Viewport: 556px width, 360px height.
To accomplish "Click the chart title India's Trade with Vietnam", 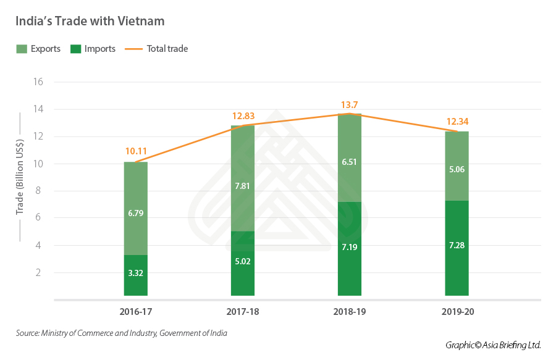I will [x=90, y=21].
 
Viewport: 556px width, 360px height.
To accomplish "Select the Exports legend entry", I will [x=38, y=49].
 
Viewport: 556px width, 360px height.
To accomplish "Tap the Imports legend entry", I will [x=93, y=49].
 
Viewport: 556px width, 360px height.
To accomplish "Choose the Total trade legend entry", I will [x=157, y=49].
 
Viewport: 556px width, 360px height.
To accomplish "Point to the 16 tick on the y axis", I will [x=38, y=82].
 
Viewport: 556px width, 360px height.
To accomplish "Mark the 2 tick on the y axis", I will [x=40, y=272].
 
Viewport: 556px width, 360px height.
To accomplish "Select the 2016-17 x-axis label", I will [x=135, y=312].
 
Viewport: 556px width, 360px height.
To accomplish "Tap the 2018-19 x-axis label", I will [x=350, y=312].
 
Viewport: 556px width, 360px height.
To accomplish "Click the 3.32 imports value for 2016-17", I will [x=135, y=273].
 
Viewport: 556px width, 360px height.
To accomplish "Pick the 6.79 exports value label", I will [x=135, y=213].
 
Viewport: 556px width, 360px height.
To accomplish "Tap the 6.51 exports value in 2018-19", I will [x=350, y=162].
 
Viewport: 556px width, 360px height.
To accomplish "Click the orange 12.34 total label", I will [x=457, y=122].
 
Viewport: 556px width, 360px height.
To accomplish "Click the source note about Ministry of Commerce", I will [x=122, y=333].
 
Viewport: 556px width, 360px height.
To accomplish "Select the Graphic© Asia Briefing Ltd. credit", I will [x=493, y=345].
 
